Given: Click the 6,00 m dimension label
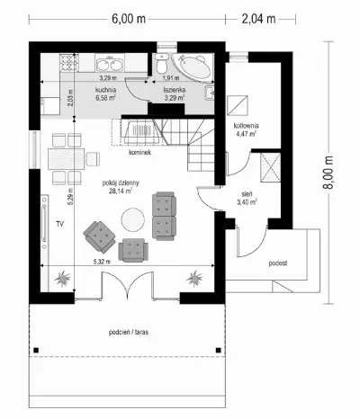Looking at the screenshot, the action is (129, 19).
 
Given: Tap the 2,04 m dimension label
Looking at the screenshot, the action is (258, 19).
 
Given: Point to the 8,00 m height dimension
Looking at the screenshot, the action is (328, 173).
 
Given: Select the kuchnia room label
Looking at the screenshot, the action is (106, 90).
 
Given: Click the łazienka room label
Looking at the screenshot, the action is (175, 90).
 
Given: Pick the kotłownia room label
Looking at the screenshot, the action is (246, 126).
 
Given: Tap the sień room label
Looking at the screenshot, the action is (247, 194).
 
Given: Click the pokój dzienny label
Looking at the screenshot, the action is (121, 183).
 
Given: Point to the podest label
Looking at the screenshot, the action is (278, 263).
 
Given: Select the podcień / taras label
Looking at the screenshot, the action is (129, 332).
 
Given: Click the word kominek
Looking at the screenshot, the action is (139, 152).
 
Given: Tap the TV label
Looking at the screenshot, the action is (60, 224).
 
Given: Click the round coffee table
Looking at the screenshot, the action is (133, 219).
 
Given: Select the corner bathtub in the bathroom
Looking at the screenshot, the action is (192, 67).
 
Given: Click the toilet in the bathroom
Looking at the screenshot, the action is (162, 63).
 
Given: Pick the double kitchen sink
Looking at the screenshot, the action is (110, 64).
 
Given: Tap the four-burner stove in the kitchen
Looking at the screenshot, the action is (69, 62).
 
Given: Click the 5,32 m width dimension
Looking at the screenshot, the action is (102, 262).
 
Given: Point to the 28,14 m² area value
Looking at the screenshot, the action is (121, 191).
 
